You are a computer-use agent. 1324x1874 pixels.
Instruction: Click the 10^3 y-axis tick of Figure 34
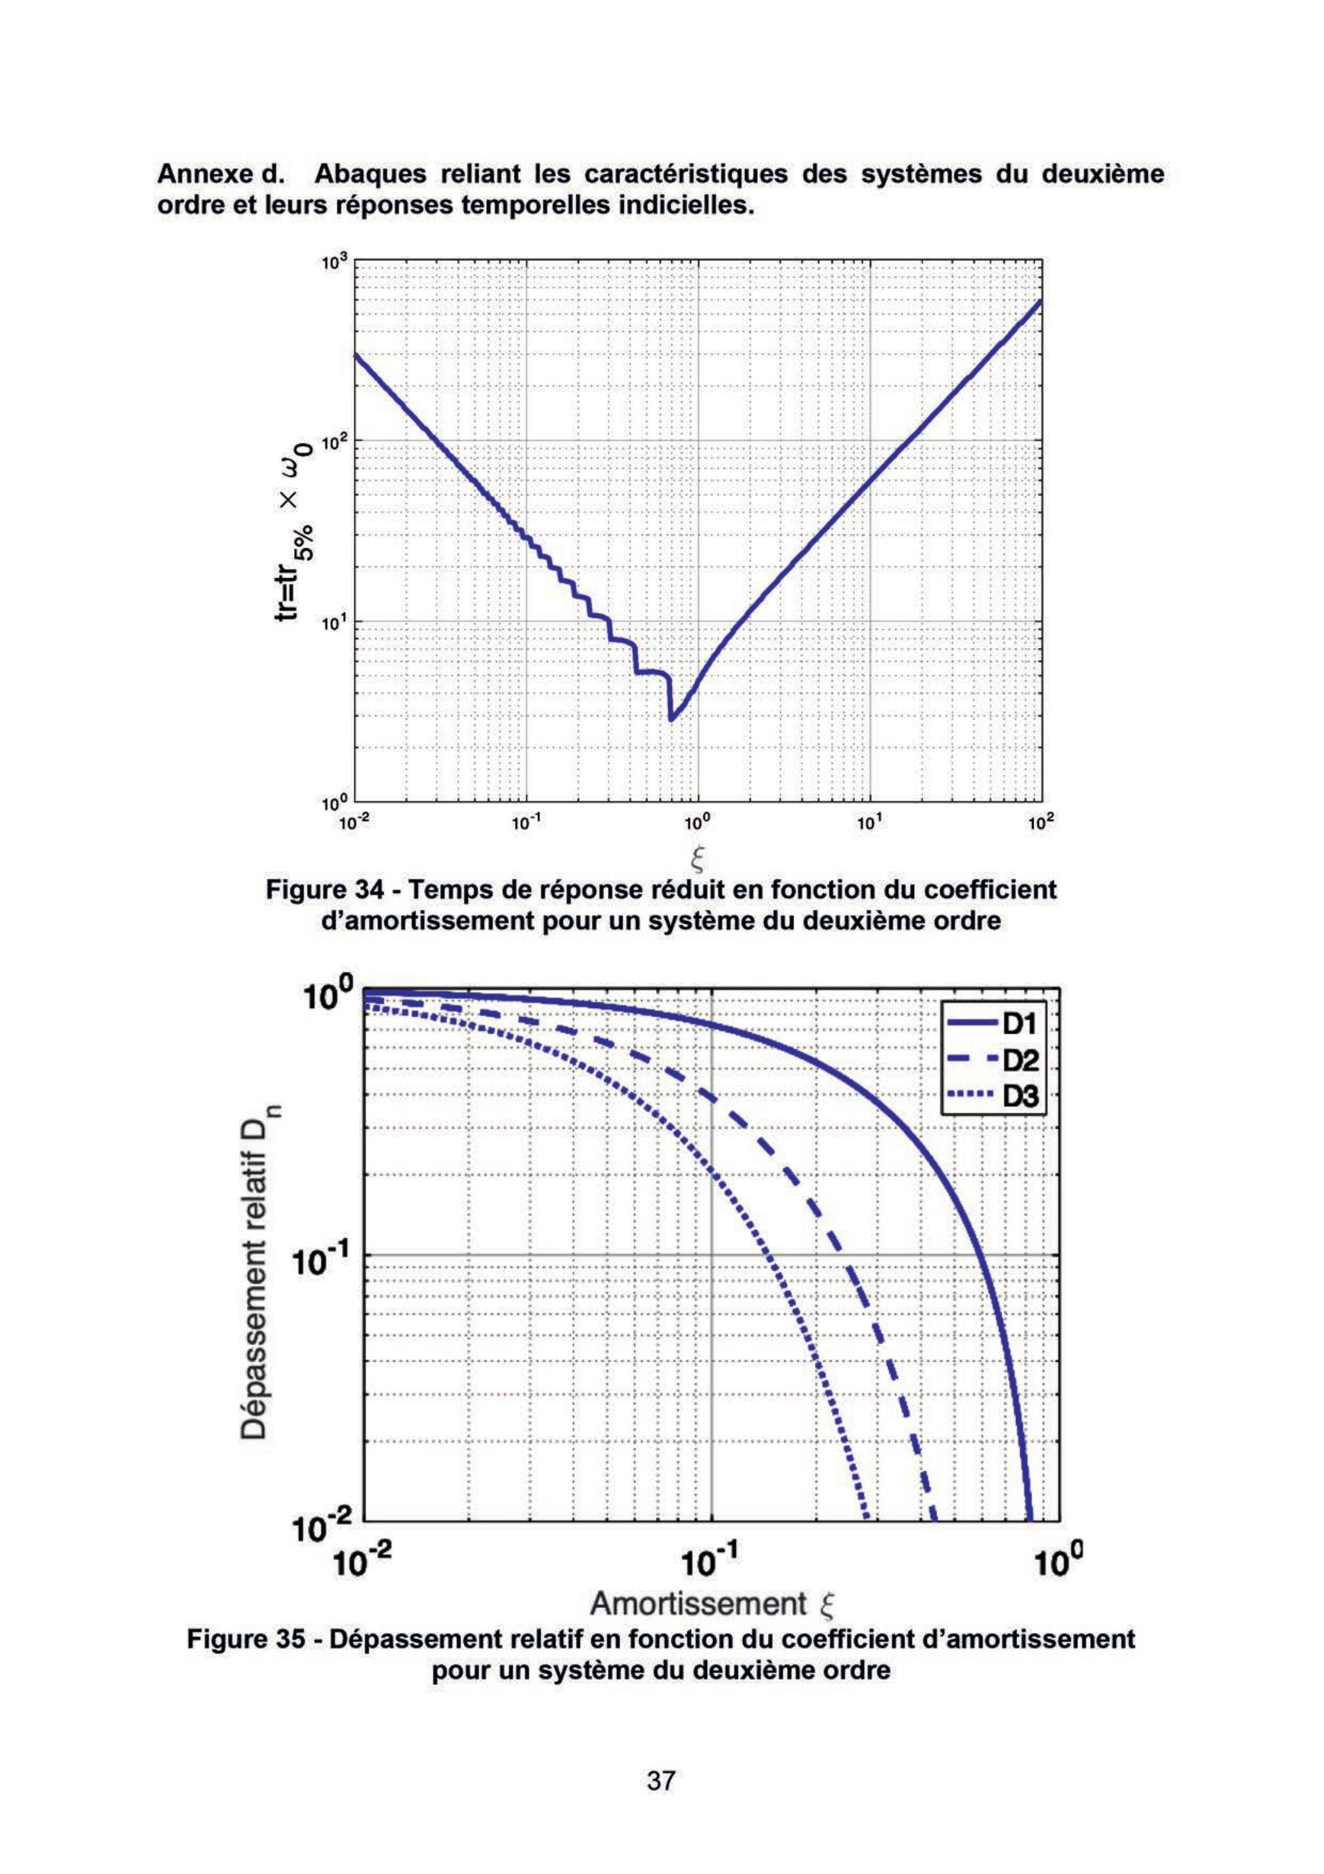[336, 263]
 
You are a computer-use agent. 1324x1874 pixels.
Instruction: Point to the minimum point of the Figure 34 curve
[671, 720]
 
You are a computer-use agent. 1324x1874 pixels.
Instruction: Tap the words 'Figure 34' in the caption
[322, 889]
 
